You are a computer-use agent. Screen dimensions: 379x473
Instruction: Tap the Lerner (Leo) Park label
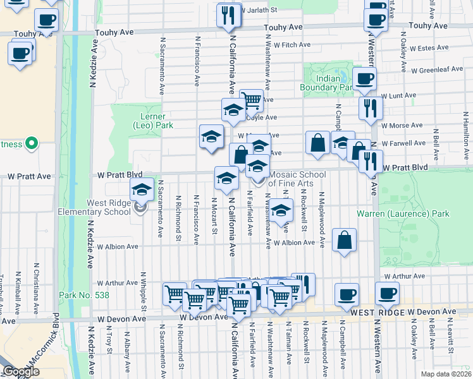click(152, 121)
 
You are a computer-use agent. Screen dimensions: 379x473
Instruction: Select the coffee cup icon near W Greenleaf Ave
click(364, 79)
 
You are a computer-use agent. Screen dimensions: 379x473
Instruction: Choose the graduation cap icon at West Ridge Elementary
click(142, 189)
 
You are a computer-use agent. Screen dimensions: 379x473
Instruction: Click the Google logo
click(21, 371)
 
